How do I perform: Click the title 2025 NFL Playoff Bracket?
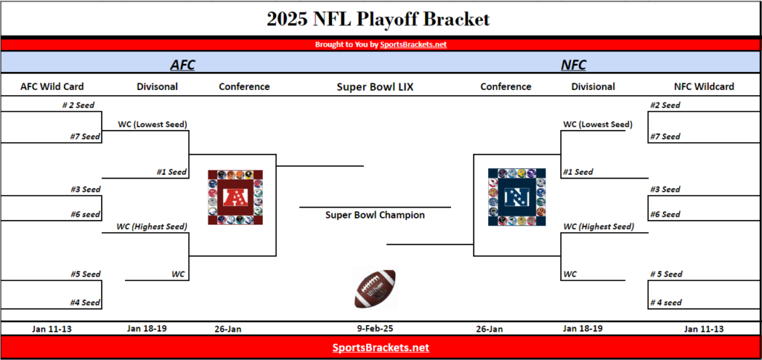[378, 19]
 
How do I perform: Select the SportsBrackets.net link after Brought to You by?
[413, 45]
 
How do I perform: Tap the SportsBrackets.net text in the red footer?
[381, 348]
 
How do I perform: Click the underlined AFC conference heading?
[182, 65]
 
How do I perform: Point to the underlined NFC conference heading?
[574, 65]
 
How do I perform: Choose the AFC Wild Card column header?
[52, 87]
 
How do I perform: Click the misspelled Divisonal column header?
[157, 87]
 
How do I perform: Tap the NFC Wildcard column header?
[704, 87]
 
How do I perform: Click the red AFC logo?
[235, 197]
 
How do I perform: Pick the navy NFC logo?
[516, 197]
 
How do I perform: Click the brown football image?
[375, 289]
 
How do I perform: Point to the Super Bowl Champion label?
[375, 215]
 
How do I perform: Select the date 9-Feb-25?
[375, 329]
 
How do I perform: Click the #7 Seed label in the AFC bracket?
[85, 137]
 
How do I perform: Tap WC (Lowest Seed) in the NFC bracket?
[598, 124]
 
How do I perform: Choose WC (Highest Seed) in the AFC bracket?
[152, 226]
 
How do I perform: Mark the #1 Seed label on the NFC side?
[578, 172]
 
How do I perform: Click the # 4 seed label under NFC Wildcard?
[666, 303]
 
